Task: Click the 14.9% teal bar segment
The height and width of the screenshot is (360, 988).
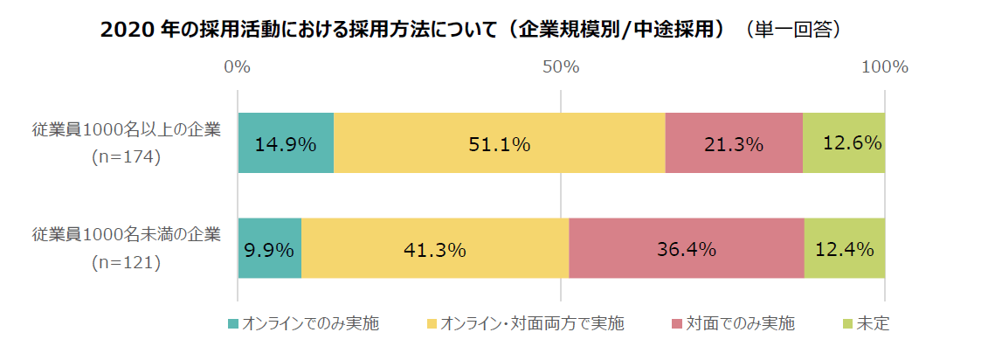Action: [286, 143]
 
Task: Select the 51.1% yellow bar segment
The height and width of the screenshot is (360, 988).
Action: [499, 143]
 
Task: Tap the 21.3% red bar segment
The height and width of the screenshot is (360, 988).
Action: [734, 143]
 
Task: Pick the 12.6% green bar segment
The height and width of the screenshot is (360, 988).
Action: [844, 143]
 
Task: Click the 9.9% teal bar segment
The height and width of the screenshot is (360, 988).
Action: [269, 249]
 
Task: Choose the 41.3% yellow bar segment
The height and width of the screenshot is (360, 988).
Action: [435, 249]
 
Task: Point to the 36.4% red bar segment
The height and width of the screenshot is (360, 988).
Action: [687, 249]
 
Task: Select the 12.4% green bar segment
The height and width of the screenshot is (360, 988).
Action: [845, 249]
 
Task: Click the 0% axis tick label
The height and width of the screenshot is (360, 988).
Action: [238, 67]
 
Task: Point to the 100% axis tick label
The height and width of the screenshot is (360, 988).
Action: [885, 67]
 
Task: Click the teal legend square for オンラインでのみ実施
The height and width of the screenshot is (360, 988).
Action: [232, 324]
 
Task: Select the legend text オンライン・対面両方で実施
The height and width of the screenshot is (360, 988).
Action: [532, 324]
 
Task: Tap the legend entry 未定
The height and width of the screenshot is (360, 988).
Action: [873, 324]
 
